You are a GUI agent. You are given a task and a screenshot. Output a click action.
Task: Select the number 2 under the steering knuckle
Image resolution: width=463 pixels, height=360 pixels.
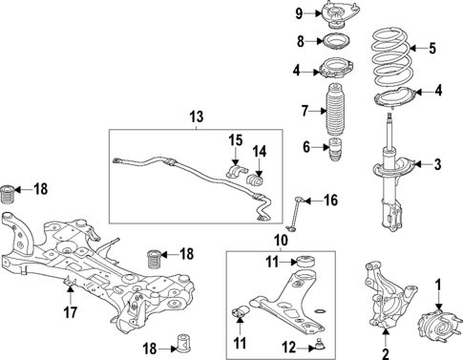point(386,329)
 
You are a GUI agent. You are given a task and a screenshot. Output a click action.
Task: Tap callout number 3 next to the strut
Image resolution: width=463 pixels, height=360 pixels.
point(438,164)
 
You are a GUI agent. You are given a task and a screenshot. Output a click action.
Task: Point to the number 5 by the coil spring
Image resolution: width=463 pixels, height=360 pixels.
point(431,47)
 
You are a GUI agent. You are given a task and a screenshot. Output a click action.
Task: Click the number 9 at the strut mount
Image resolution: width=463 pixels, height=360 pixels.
point(298,12)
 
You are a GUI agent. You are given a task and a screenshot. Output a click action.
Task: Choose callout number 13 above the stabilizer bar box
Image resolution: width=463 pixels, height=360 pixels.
point(197,116)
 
